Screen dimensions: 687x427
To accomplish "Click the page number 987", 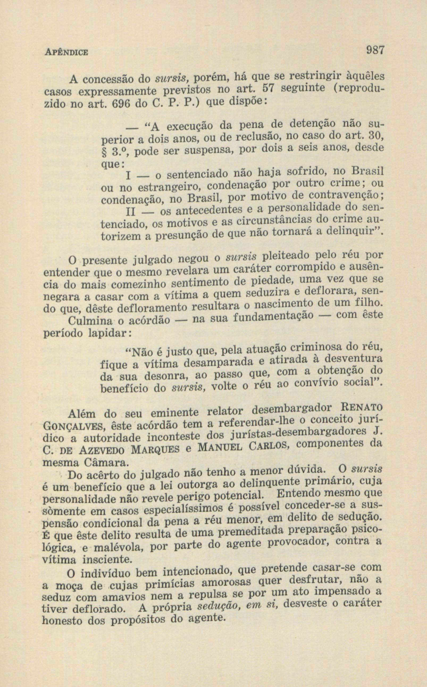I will tap(375, 51).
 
